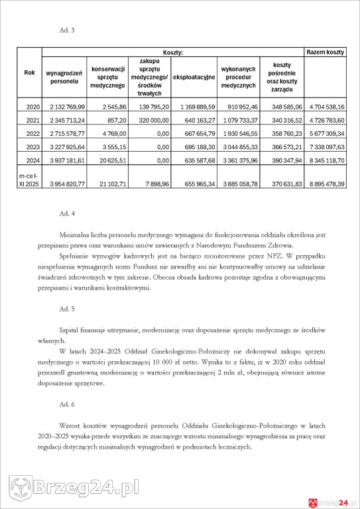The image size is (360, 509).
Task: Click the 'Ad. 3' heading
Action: tap(67, 30)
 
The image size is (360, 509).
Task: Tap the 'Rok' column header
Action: tap(30, 72)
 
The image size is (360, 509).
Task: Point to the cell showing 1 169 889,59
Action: tap(194, 106)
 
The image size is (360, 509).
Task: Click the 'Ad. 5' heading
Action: tap(67, 309)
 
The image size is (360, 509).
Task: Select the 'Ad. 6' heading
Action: tap(67, 404)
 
